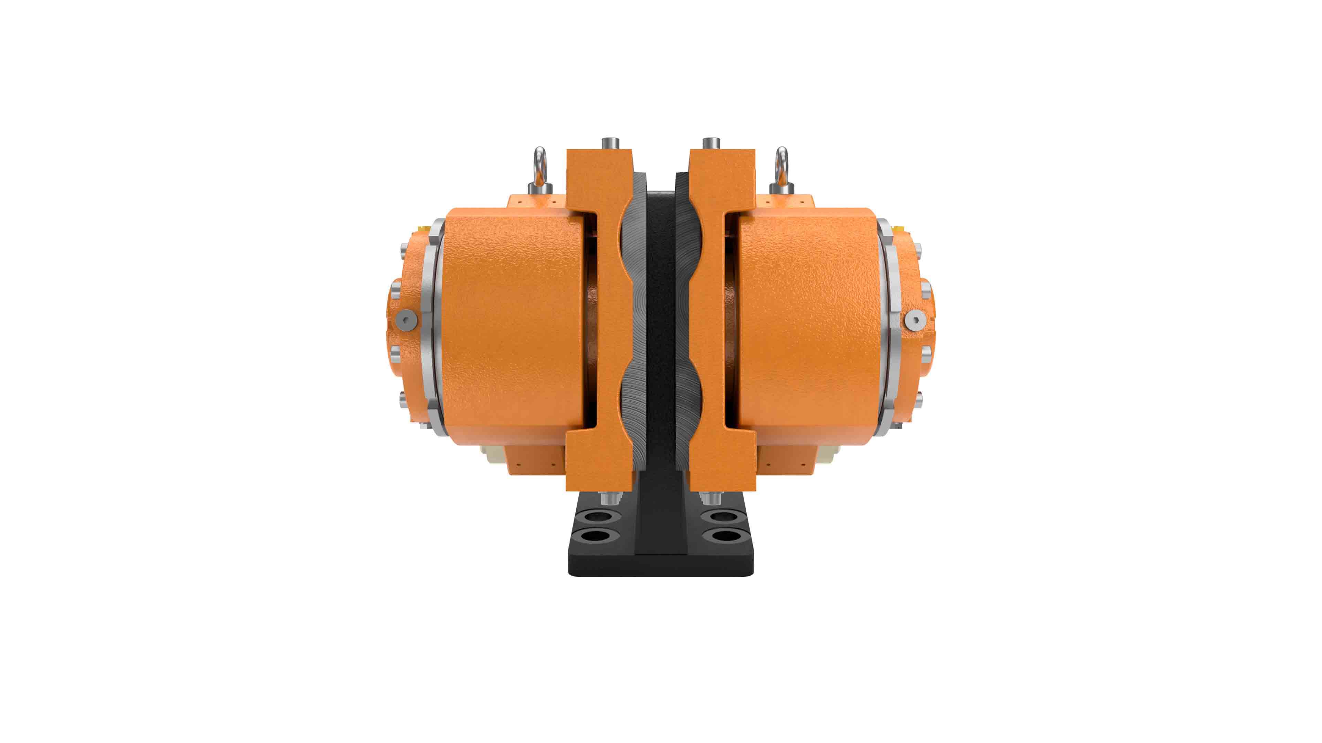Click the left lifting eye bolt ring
tap(540, 163)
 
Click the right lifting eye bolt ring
tap(781, 163)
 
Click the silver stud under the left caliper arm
tap(610, 498)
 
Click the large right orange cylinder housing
tap(811, 323)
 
